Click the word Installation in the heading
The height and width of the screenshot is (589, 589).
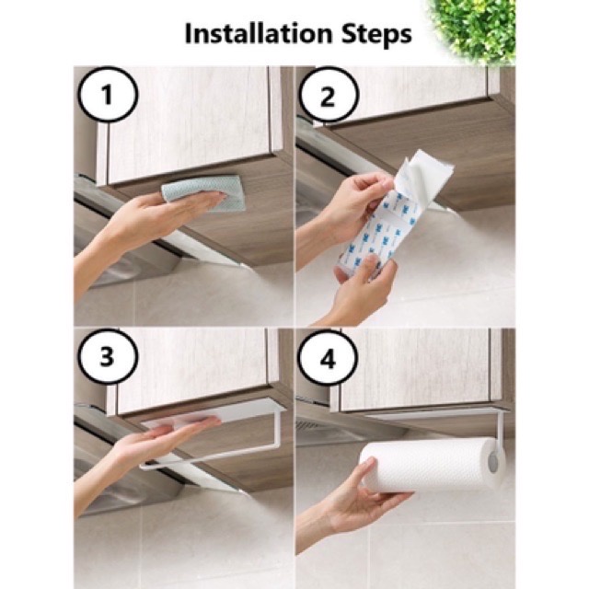259,33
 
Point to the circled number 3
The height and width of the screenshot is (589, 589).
108,357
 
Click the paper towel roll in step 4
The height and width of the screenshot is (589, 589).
432,464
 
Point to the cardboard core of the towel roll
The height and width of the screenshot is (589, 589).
493,464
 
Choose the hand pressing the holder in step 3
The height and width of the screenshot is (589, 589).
157,444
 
